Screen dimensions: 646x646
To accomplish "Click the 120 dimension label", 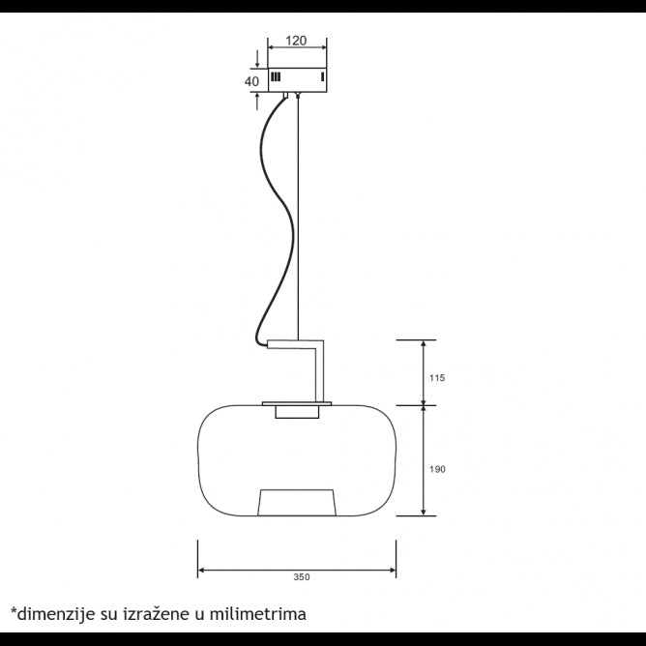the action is coord(296,41).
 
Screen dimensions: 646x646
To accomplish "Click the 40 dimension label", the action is coord(251,81).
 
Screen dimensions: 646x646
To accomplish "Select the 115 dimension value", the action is coord(437,378).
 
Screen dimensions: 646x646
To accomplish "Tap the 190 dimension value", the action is coord(437,469).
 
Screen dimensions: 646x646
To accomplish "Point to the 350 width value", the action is coord(302,577).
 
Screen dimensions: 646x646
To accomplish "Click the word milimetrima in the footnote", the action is coord(258,613).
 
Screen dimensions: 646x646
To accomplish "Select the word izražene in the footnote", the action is coord(159,613).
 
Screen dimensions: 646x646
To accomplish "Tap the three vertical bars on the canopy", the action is coord(276,77).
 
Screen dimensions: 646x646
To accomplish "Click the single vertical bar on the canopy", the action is coord(323,77).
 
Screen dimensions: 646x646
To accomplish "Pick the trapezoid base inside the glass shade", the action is coord(297,502).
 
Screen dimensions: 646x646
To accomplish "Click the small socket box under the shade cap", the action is coord(297,412).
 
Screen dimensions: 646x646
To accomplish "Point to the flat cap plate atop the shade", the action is coord(297,404).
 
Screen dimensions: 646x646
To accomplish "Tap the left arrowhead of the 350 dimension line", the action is coord(201,571).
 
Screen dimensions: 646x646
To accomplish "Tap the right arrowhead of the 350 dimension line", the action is coord(393,571).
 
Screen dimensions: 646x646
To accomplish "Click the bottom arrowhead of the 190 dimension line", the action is coord(424,512).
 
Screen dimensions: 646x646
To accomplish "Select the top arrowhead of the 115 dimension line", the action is coord(424,344).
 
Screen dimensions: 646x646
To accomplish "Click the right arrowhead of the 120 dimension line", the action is coord(323,47).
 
